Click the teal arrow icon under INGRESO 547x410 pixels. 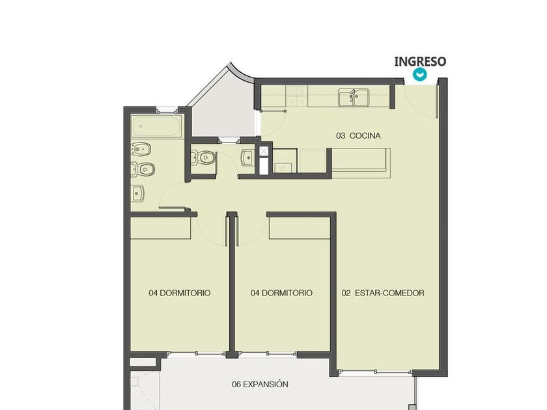tap(419, 75)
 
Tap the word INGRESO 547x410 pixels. tap(420, 61)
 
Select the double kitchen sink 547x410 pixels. tap(354, 97)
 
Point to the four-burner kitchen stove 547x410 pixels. tap(296, 96)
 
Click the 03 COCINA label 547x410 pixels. tap(358, 135)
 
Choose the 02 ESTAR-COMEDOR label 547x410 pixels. tap(383, 293)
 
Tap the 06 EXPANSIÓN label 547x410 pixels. tap(260, 384)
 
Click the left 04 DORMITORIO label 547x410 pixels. tap(179, 293)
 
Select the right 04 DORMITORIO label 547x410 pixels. tap(281, 293)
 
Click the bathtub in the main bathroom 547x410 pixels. tap(157, 126)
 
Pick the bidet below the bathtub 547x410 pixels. tap(141, 150)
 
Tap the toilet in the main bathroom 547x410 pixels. tap(143, 169)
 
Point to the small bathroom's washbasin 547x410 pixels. tap(248, 158)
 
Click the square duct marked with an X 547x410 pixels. tap(264, 151)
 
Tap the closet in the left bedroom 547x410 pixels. tap(160, 228)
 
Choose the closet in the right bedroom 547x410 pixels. tap(300, 228)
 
